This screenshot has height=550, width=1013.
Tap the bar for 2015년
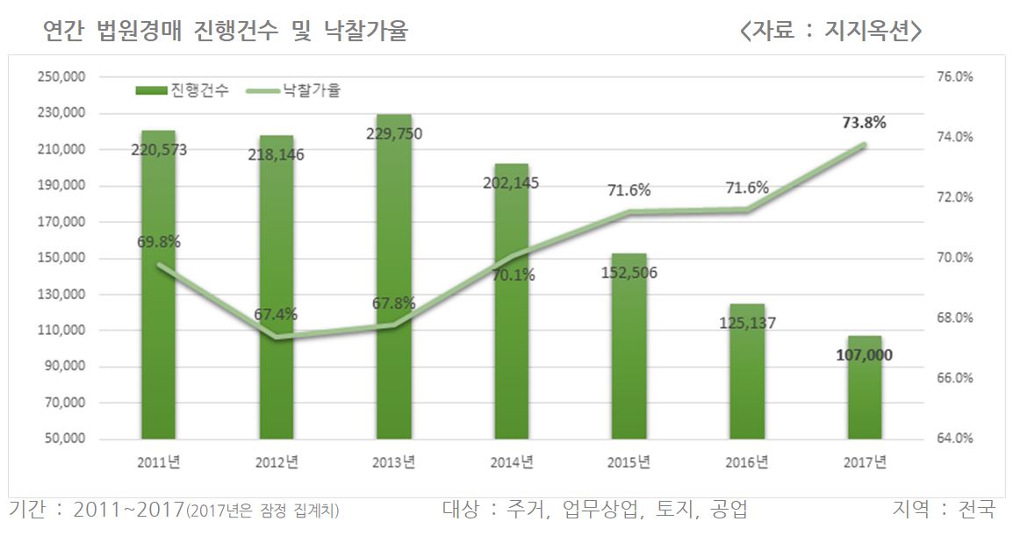[629, 368]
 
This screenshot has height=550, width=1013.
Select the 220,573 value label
[159, 149]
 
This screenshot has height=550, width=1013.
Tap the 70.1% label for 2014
[513, 275]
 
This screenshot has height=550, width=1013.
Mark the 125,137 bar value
[747, 323]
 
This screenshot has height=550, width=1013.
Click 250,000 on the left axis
[61, 77]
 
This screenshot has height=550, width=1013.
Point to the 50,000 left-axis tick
[64, 439]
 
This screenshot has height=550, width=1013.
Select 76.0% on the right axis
[954, 77]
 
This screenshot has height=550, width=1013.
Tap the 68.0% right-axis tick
[954, 318]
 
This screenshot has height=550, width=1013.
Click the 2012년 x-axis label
[277, 462]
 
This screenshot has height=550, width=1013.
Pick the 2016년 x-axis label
[747, 462]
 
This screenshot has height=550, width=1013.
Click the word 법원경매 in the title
[135, 32]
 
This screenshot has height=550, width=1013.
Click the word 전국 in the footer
[978, 510]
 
